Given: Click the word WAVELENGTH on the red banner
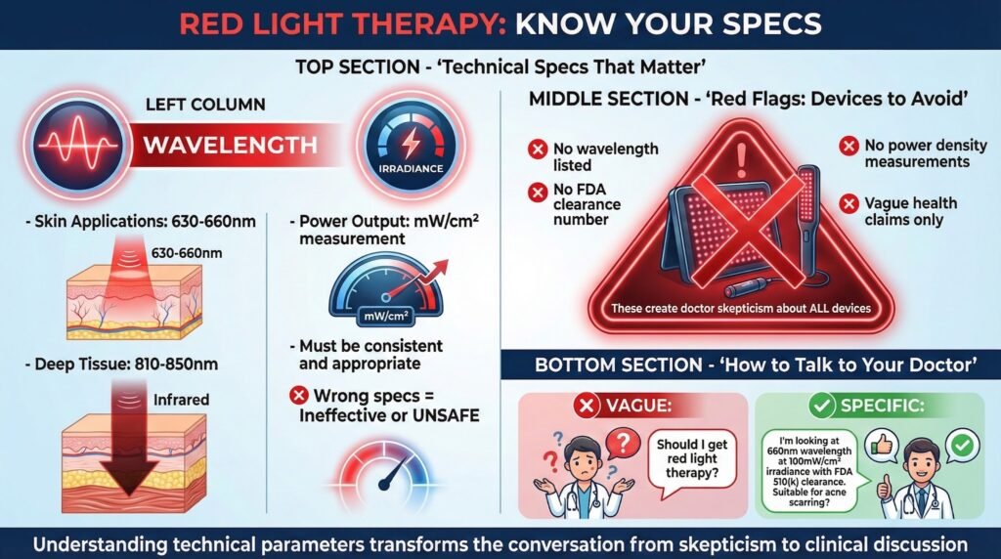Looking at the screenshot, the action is [230, 145].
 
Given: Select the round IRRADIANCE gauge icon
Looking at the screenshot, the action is [411, 145].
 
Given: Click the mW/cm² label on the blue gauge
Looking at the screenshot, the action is [385, 316].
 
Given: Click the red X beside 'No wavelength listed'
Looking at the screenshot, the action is [538, 150].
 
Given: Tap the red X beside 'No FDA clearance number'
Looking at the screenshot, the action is [538, 192].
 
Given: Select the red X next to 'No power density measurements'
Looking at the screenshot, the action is [849, 147].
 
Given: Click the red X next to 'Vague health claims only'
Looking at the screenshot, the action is [849, 204].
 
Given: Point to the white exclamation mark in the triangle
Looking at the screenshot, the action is [741, 159].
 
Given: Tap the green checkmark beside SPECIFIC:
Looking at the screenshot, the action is [821, 406].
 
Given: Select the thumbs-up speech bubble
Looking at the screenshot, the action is [882, 446].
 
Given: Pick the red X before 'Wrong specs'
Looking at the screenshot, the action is [298, 396].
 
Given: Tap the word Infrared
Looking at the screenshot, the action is [181, 400].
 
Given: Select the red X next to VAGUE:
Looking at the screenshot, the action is [587, 406].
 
